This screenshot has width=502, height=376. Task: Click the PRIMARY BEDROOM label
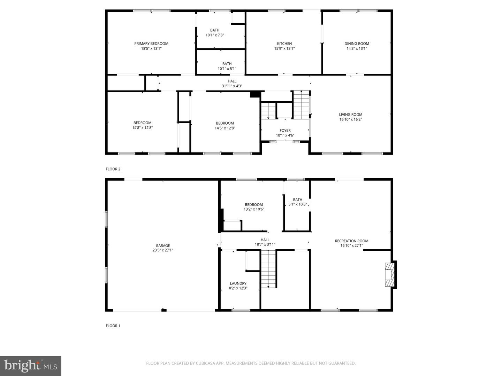151,44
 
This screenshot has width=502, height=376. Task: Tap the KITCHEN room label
284,44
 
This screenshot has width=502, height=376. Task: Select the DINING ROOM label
357,44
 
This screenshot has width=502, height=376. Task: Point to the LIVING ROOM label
350,115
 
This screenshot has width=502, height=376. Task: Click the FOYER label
285,130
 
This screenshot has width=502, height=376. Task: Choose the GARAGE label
162,245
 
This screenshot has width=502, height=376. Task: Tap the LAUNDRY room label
238,283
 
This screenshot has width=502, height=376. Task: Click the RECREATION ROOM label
351,241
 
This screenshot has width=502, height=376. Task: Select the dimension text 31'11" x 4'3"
232,86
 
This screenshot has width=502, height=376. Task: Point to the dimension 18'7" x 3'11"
265,244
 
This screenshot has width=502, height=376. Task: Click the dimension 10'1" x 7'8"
214,35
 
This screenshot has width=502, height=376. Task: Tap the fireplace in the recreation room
390,275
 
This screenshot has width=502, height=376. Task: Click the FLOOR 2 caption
113,169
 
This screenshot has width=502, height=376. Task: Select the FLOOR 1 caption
113,326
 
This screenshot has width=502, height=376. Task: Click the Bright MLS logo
31,366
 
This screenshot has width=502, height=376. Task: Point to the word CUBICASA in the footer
205,363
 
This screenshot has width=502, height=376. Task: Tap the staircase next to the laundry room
268,269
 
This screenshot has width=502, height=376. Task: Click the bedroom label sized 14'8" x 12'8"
142,125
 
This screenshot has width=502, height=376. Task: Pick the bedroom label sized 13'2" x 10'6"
254,206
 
